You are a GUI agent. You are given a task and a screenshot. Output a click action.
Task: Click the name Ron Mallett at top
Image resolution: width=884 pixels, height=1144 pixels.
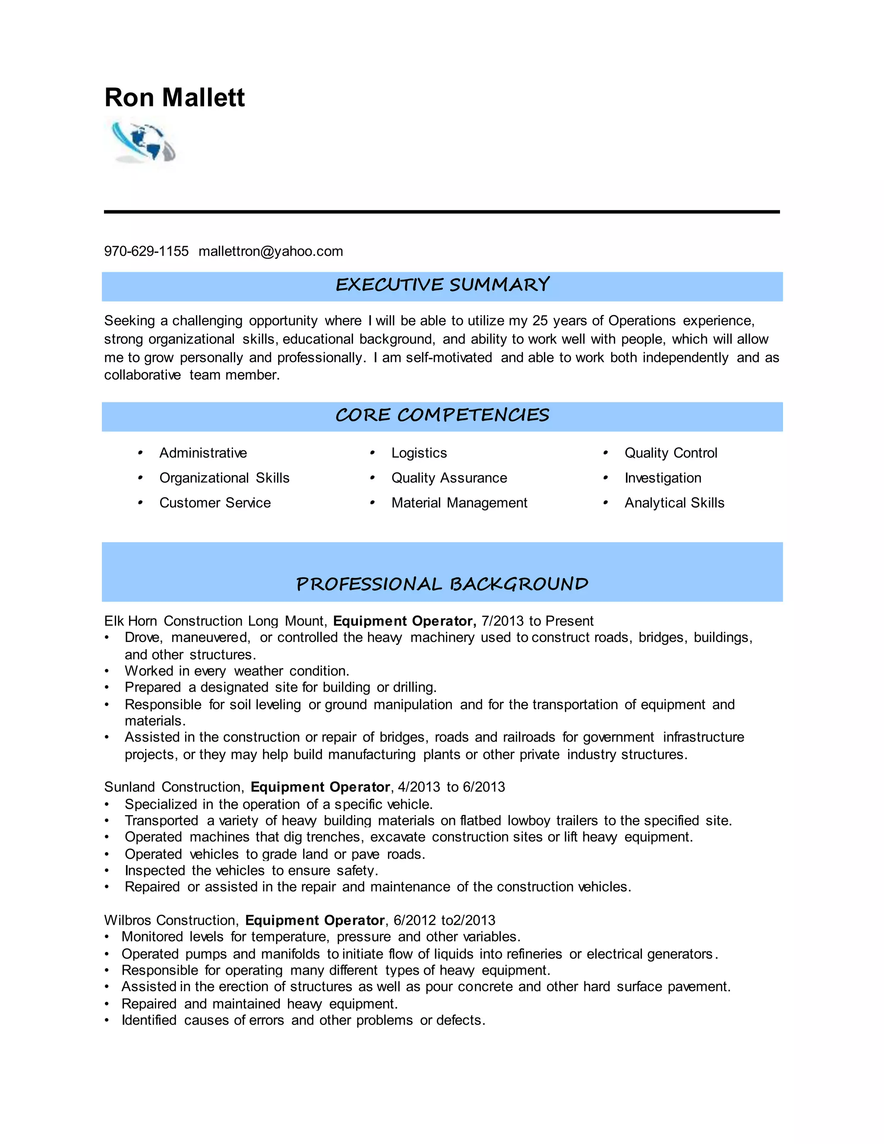pyautogui.click(x=174, y=98)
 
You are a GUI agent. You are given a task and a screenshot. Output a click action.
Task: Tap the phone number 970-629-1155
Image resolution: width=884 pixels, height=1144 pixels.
pyautogui.click(x=146, y=251)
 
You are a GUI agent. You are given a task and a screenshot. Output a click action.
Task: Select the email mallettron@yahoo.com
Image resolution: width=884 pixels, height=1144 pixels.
pyautogui.click(x=270, y=251)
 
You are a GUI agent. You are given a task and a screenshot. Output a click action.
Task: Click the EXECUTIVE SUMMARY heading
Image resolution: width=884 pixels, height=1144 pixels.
pyautogui.click(x=442, y=285)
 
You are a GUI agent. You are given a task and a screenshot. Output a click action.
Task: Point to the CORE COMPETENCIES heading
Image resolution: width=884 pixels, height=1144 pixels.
pyautogui.click(x=442, y=415)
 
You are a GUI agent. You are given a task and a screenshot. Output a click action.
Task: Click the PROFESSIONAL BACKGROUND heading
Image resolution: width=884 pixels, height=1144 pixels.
pyautogui.click(x=442, y=584)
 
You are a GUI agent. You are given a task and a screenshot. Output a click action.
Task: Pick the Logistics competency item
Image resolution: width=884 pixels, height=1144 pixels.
pyautogui.click(x=419, y=453)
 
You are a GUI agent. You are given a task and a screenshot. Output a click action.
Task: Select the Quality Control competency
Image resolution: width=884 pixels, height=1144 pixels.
pyautogui.click(x=670, y=453)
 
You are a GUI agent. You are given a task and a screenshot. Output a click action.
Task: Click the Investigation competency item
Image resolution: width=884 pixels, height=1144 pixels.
pyautogui.click(x=663, y=478)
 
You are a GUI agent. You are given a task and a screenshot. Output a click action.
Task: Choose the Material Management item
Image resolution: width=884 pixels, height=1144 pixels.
pyautogui.click(x=459, y=503)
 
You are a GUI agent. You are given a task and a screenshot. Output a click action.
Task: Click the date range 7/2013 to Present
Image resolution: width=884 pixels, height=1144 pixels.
pyautogui.click(x=537, y=621)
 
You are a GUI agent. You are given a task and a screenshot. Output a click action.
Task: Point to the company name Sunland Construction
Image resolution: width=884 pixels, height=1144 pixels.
pyautogui.click(x=174, y=787)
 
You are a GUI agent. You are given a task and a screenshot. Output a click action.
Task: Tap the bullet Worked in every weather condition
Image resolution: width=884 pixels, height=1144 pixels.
pyautogui.click(x=237, y=671)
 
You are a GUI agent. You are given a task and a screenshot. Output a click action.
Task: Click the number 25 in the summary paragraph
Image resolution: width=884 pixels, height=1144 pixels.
pyautogui.click(x=540, y=321)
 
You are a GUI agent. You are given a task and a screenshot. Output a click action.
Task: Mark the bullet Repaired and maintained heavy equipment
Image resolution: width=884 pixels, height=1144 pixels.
pyautogui.click(x=259, y=1004)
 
